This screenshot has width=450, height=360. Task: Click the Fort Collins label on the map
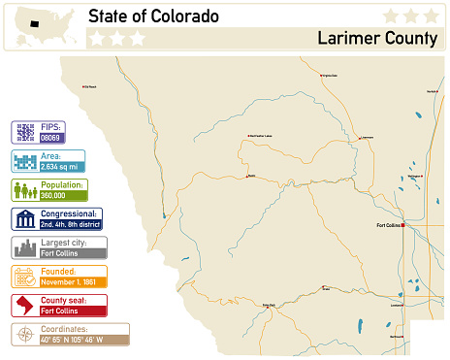pos(388,224)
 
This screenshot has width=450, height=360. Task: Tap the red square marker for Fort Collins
pos(403,224)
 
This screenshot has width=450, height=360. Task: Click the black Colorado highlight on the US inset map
pos(34,23)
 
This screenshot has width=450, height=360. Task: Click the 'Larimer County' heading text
pos(376,39)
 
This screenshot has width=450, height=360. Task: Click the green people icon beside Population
pos(25,190)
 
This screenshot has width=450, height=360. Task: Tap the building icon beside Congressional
pos(25,218)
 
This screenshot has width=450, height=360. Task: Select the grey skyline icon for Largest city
pos(25,247)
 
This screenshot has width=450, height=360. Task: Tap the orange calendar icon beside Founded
pos(25,277)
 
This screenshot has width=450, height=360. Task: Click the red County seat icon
pos(25,306)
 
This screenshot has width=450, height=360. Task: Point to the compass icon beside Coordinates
pos(25,335)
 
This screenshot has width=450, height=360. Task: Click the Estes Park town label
pos(269,305)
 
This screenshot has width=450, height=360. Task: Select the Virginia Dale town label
pos(329,76)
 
